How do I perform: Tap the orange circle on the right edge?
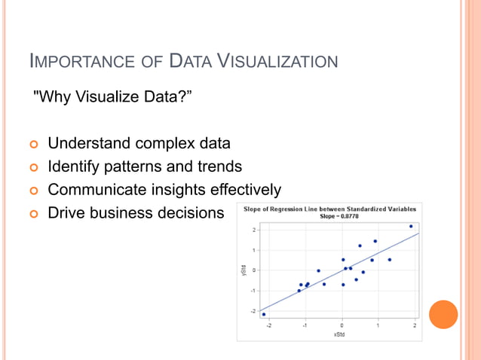[x=443, y=315]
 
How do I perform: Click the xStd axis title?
[x=339, y=334]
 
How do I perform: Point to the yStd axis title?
[x=244, y=269]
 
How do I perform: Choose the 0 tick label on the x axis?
[x=342, y=325]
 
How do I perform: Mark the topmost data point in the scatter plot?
[x=411, y=226]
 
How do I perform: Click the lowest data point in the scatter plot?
[x=263, y=314]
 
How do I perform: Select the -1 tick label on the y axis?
[x=253, y=291]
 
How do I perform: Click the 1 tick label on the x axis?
[x=378, y=325]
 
